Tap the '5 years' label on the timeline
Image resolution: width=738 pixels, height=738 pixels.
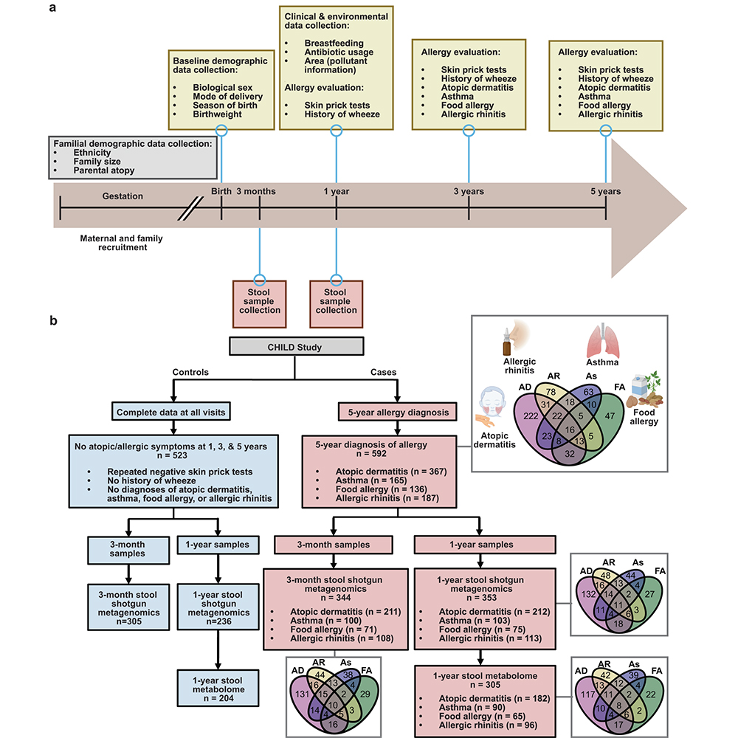605,191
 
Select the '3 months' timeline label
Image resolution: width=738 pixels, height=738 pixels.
255,191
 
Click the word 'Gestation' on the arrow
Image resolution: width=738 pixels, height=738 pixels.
123,196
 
